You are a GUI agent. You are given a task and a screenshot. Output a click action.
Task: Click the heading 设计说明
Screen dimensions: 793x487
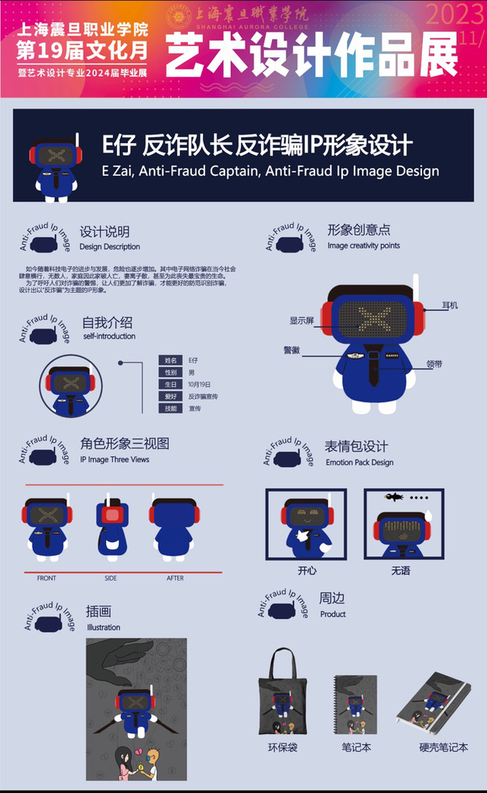[105, 232]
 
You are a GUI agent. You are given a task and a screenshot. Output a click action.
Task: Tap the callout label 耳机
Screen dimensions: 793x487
[450, 305]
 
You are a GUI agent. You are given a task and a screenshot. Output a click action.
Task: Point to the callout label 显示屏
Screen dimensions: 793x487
[301, 320]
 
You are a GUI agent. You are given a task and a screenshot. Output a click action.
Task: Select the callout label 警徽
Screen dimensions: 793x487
[291, 350]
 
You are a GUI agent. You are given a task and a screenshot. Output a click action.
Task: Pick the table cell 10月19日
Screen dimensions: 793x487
[199, 384]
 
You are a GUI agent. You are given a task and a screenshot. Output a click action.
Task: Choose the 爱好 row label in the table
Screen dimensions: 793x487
[171, 396]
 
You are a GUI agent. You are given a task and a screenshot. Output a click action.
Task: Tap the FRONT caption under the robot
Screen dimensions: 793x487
[46, 578]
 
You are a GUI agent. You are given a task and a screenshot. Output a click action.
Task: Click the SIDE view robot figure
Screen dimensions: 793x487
[112, 529]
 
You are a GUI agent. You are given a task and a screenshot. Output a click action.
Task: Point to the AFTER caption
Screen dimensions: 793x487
[175, 578]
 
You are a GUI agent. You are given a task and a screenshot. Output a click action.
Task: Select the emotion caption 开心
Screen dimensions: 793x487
[307, 571]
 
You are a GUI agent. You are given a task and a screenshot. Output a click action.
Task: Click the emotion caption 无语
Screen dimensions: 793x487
[400, 571]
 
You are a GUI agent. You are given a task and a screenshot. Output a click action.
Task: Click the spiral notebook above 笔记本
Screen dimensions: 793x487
[355, 705]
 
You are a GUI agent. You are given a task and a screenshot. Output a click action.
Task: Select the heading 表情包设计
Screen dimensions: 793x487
[355, 447]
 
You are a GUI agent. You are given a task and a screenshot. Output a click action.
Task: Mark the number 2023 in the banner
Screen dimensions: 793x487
[454, 15]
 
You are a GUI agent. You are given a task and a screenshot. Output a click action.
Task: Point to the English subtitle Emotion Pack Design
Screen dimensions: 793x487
[359, 462]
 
